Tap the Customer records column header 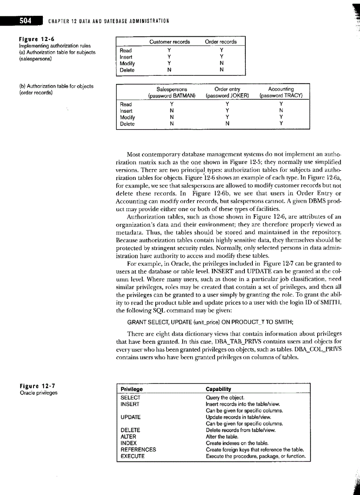point(170,42)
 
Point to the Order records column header point(221,42)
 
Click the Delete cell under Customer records point(170,70)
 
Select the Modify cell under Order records point(221,63)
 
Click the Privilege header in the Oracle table point(131,389)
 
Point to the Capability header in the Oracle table point(218,389)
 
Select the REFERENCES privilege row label point(138,450)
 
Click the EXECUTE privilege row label point(132,456)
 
